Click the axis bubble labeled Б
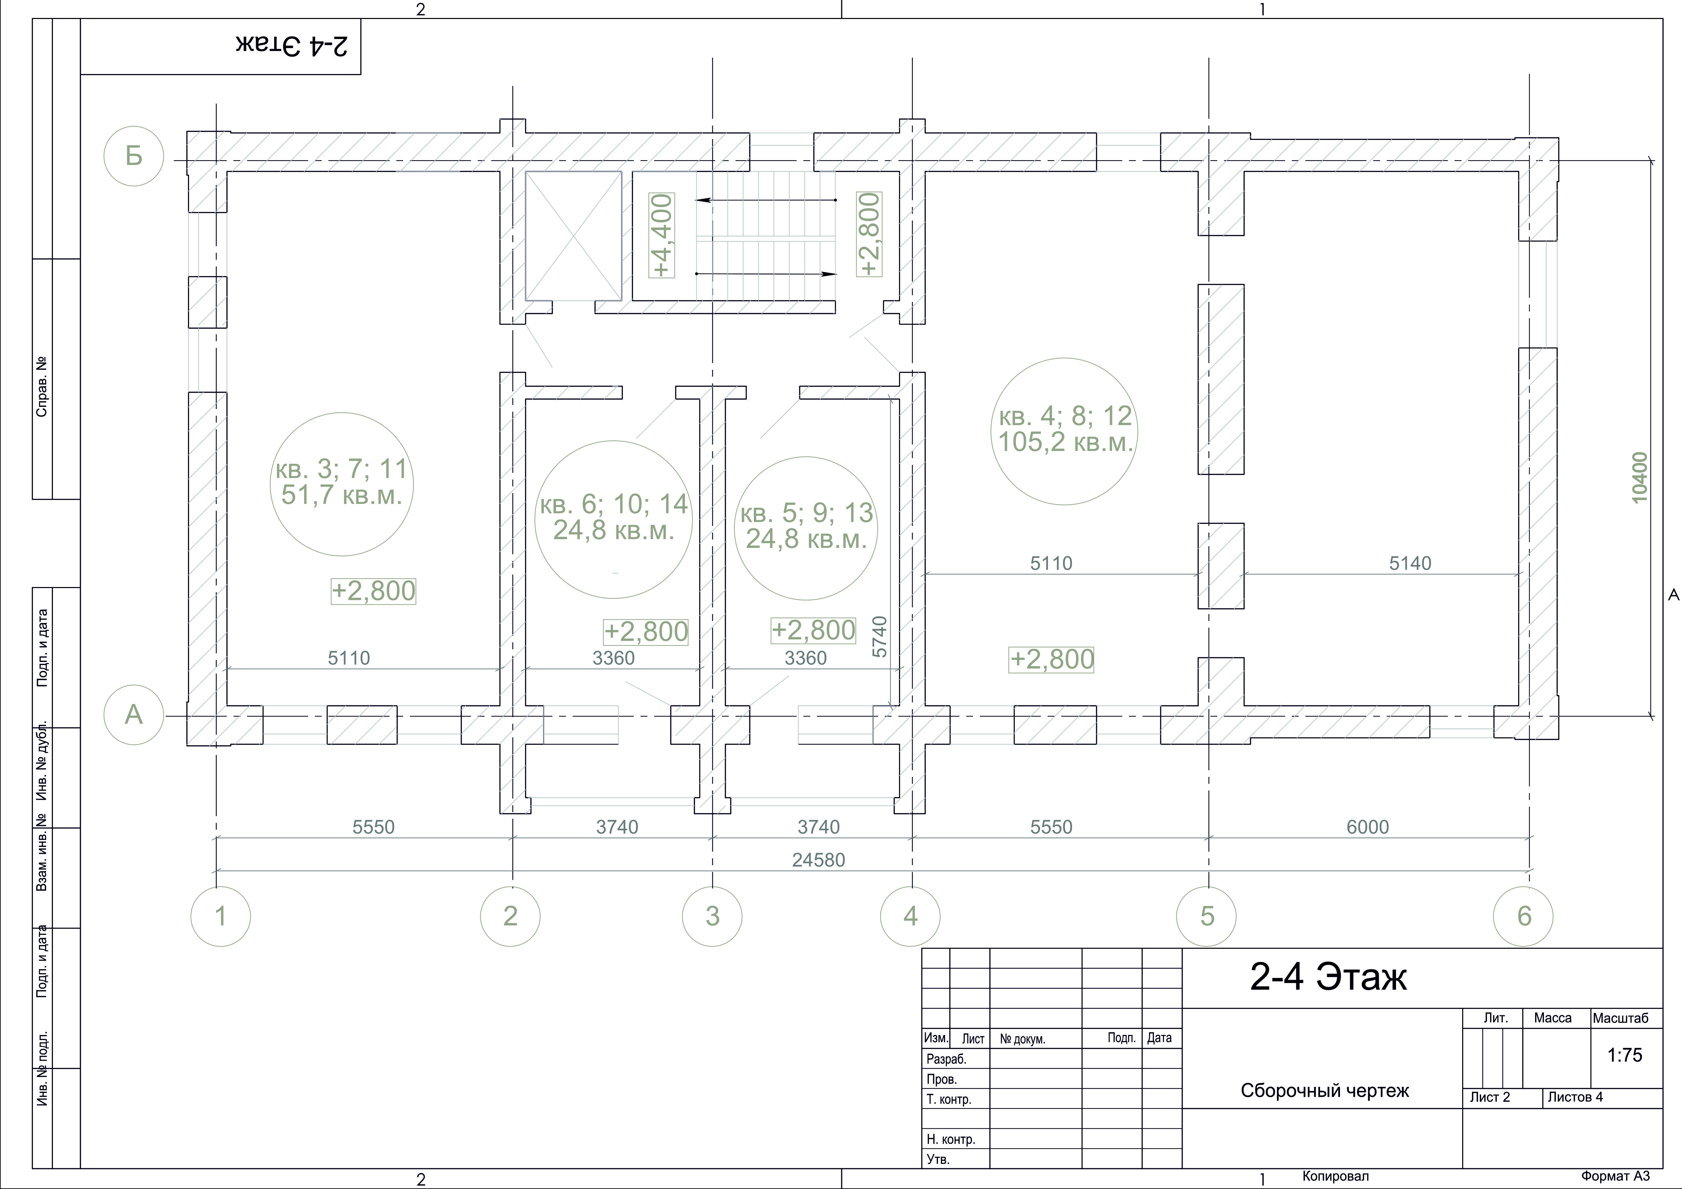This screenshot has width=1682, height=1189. click(133, 156)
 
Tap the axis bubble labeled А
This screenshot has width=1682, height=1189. click(133, 714)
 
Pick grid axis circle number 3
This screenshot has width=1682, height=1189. click(712, 916)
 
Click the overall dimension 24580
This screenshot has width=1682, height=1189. click(818, 860)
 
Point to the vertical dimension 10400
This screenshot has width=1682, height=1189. click(1640, 478)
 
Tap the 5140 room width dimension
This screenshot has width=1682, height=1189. click(1410, 563)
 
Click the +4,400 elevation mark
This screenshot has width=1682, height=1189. click(662, 235)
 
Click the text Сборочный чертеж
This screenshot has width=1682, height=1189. click(1324, 1091)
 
